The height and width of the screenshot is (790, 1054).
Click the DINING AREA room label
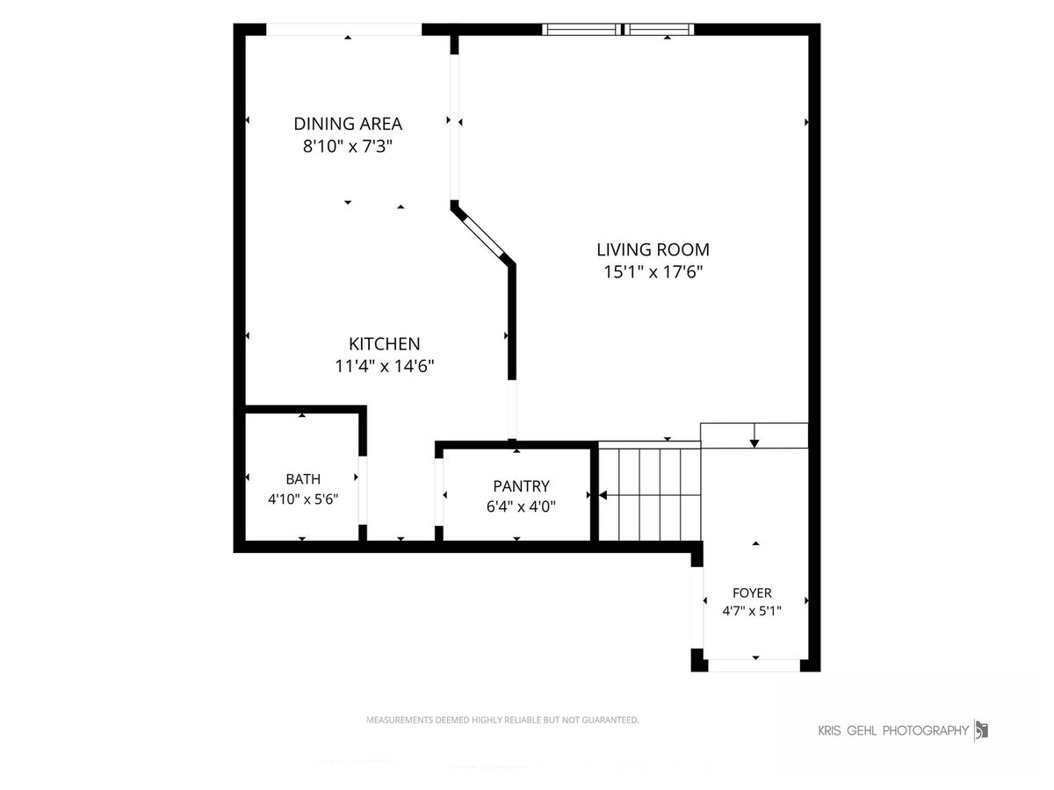(x=348, y=124)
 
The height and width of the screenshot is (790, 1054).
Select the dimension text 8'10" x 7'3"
(x=348, y=146)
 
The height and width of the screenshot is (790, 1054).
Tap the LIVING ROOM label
(x=653, y=249)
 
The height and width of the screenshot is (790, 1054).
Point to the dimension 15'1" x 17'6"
(x=653, y=272)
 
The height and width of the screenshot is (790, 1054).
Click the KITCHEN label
(x=384, y=344)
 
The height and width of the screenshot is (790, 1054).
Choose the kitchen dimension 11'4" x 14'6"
(x=384, y=366)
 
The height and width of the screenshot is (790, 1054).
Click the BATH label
(x=303, y=478)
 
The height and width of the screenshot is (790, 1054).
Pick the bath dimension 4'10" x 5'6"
(x=303, y=499)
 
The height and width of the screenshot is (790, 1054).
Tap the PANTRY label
(x=521, y=486)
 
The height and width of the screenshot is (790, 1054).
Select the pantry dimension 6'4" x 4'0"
(x=521, y=506)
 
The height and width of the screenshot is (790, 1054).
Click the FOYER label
(x=752, y=592)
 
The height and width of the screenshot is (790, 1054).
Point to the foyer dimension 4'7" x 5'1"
(x=752, y=611)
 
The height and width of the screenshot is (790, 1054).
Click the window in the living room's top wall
(x=618, y=29)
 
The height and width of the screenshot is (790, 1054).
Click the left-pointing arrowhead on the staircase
(x=603, y=495)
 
